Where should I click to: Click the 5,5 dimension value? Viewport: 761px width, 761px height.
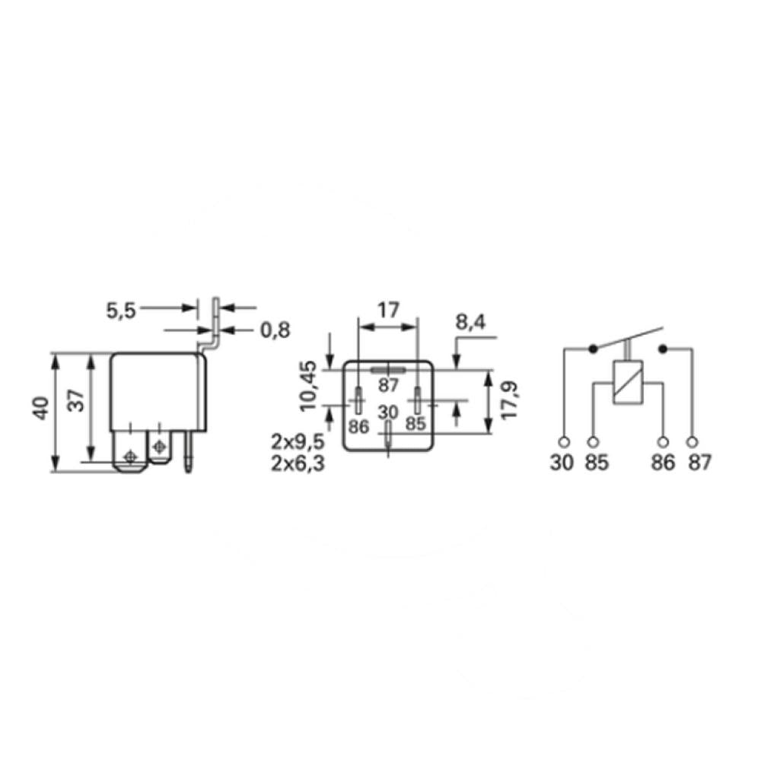pos(121,310)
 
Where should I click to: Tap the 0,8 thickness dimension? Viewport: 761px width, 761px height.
pos(275,330)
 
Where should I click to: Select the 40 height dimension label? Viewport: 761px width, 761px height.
pos(41,408)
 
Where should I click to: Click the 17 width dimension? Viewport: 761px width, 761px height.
pos(388,310)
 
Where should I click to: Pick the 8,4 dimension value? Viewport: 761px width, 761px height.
pos(470,322)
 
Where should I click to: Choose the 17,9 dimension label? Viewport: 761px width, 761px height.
pos(510,400)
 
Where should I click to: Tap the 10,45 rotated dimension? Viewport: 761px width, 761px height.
pos(309,386)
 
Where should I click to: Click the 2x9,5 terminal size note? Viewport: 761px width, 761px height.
pos(298,442)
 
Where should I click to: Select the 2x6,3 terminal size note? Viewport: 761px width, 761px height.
pos(298,463)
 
